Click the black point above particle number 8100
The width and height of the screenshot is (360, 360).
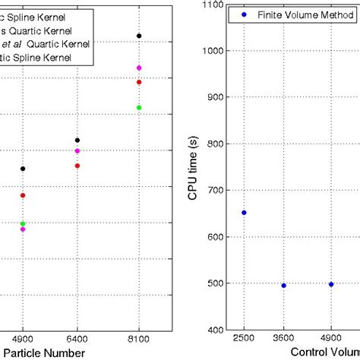(139, 36)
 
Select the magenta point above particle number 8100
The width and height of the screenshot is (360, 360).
(139, 68)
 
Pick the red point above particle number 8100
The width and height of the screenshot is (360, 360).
(139, 82)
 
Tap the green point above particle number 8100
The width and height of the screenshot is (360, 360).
(139, 107)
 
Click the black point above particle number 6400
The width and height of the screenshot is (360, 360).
(77, 140)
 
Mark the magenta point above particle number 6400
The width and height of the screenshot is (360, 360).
(77, 151)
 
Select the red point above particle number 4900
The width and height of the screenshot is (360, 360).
(23, 195)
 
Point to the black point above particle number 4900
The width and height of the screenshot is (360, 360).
(23, 169)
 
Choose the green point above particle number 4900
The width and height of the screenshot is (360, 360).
(23, 223)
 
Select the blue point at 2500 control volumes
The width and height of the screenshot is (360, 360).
(244, 213)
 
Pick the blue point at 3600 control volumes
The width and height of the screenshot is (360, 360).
(284, 286)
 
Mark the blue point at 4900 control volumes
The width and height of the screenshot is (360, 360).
(331, 284)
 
